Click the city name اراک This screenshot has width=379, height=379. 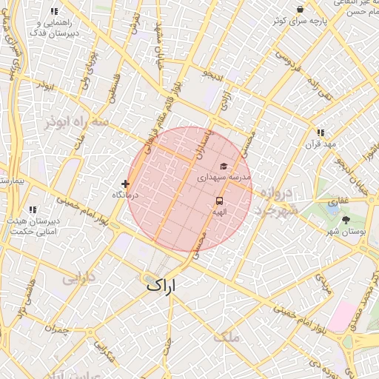pyautogui.click(x=162, y=284)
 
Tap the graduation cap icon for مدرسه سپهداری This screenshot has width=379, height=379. pyautogui.click(x=223, y=167)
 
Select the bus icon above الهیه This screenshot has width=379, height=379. pyautogui.click(x=220, y=201)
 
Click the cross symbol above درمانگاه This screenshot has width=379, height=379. pyautogui.click(x=125, y=184)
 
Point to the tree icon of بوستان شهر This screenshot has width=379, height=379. pyautogui.click(x=346, y=220)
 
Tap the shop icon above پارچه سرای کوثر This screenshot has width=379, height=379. pyautogui.click(x=299, y=9)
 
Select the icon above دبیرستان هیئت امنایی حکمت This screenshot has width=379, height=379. pyautogui.click(x=32, y=210)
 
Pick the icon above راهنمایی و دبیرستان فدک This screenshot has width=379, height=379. pyautogui.click(x=54, y=12)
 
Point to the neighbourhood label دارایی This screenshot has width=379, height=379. pyautogui.click(x=78, y=279)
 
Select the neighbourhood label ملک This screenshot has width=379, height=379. pyautogui.click(x=227, y=337)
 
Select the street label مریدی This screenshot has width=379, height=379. pyautogui.click(x=324, y=281)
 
